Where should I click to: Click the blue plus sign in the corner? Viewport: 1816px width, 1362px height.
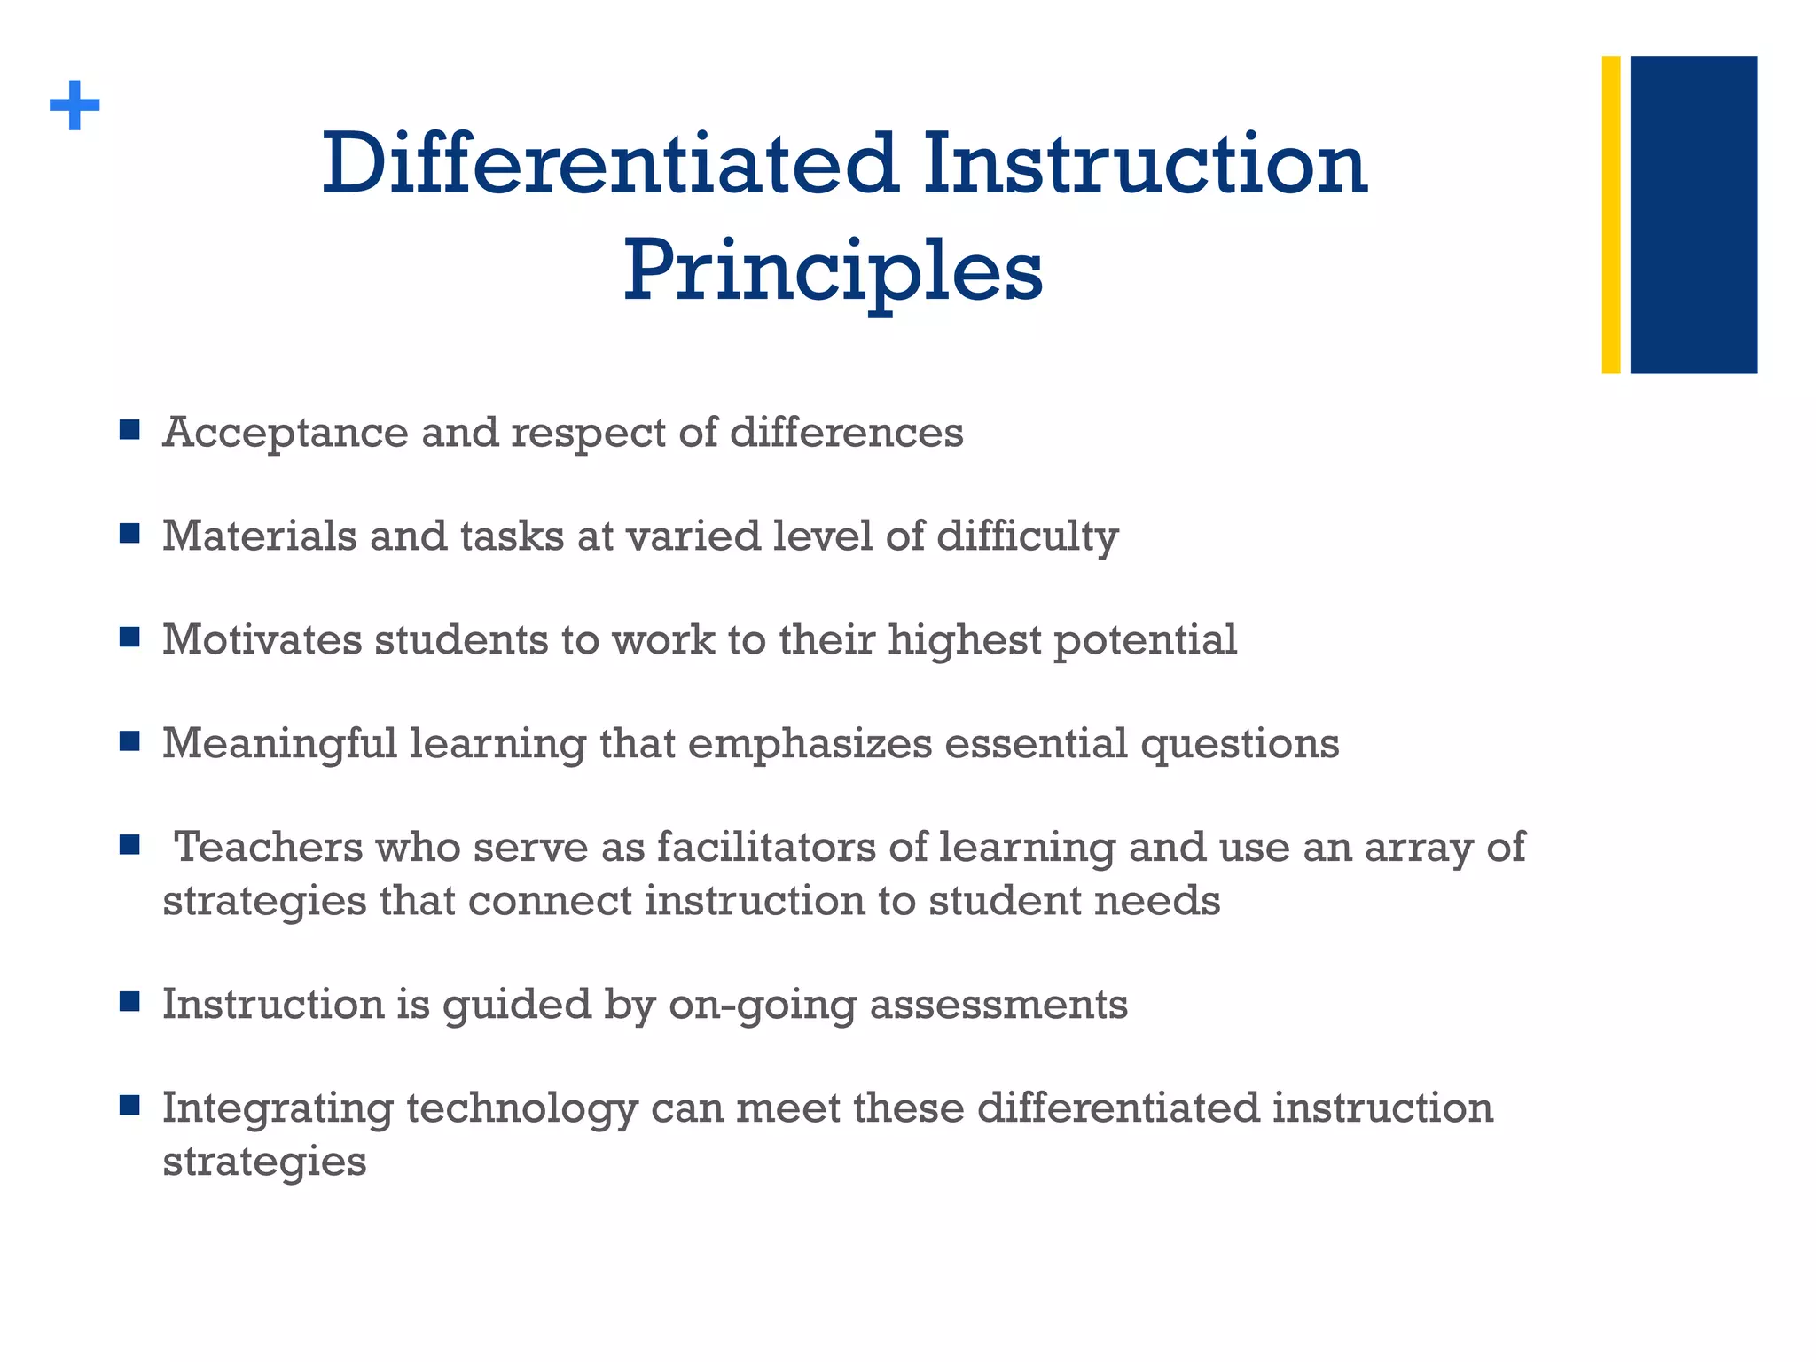point(74,106)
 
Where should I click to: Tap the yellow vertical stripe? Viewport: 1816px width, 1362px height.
point(1610,215)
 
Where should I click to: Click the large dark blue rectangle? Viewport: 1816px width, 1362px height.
point(1693,215)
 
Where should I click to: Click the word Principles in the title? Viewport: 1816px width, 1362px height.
point(833,270)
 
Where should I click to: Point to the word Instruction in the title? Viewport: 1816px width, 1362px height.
point(1145,165)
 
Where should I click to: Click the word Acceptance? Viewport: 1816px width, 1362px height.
point(285,434)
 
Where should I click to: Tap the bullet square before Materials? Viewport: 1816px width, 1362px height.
point(129,534)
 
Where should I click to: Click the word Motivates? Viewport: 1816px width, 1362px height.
point(262,640)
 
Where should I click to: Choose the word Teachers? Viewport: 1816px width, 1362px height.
point(269,848)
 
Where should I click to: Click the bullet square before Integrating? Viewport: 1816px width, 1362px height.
point(129,1105)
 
